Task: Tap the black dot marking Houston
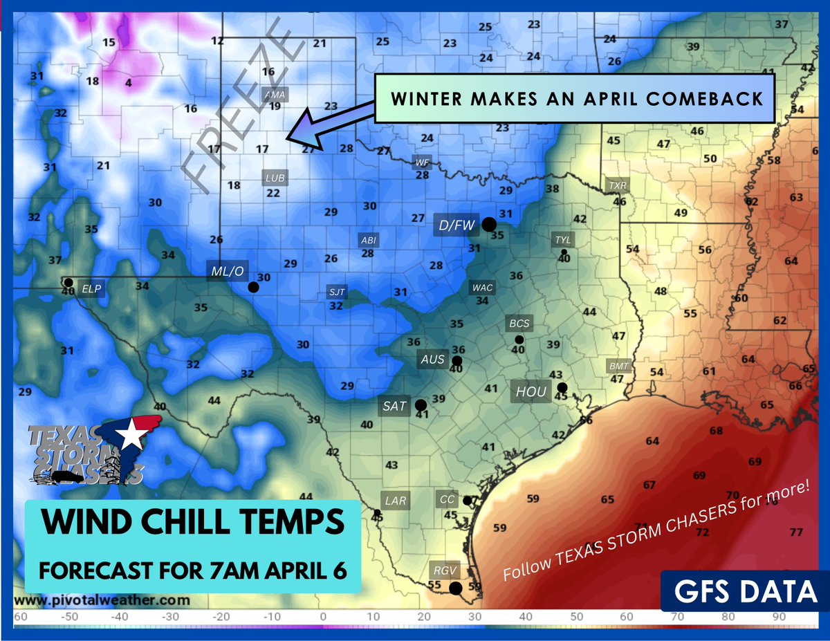(x=562, y=387)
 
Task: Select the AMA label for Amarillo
(x=275, y=95)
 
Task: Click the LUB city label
(x=275, y=178)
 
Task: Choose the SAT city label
(x=394, y=406)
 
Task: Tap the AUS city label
(x=433, y=360)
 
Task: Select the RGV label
(x=441, y=570)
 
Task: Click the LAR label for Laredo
(x=396, y=500)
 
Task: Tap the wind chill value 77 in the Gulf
(x=795, y=532)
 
